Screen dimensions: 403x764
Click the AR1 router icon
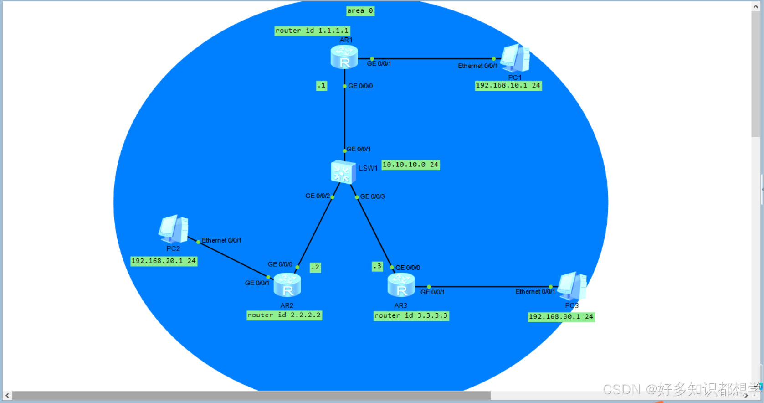[x=344, y=57]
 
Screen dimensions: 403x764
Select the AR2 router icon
[x=287, y=285]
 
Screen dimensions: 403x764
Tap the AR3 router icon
[x=401, y=285]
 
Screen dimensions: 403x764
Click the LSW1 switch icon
[x=343, y=172]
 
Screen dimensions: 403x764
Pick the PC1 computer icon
[x=515, y=58]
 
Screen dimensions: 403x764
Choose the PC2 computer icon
[x=174, y=229]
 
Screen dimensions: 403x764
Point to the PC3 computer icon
[x=572, y=286]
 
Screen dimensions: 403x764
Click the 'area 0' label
[x=360, y=11]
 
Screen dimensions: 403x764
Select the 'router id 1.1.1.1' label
[x=312, y=31]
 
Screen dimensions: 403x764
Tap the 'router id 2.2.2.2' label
[x=284, y=315]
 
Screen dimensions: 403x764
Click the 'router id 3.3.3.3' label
[x=411, y=315]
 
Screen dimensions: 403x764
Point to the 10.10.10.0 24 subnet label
[x=410, y=165]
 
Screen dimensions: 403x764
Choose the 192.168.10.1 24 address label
[x=508, y=85]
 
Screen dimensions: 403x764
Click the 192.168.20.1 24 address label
[x=164, y=261]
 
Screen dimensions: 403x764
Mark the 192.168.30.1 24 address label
[x=561, y=317]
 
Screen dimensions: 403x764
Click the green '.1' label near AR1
[x=322, y=86]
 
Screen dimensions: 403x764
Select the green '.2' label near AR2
[x=315, y=268]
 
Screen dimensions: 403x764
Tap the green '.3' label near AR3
[x=377, y=266]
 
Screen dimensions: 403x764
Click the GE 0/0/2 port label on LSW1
[x=318, y=196]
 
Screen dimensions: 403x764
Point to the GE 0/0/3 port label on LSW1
[x=373, y=196]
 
